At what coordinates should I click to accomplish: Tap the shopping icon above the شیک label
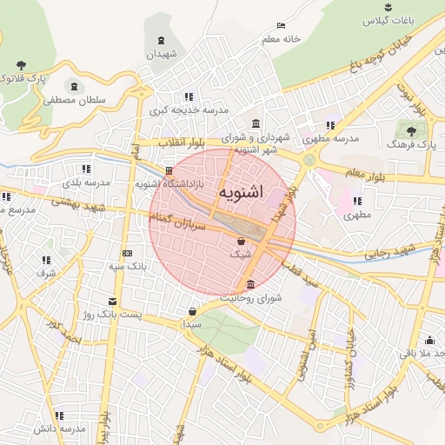tap(241, 241)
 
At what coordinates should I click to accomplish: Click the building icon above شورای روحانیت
tap(251, 284)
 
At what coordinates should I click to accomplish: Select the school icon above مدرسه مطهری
tap(330, 125)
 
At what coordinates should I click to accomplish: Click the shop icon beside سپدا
tap(192, 310)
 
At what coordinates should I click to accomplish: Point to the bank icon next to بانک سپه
tap(128, 254)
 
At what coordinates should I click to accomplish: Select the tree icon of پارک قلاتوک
tap(21, 65)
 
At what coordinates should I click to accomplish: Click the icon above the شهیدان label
tap(162, 41)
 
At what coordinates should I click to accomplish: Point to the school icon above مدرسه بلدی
tap(85, 169)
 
